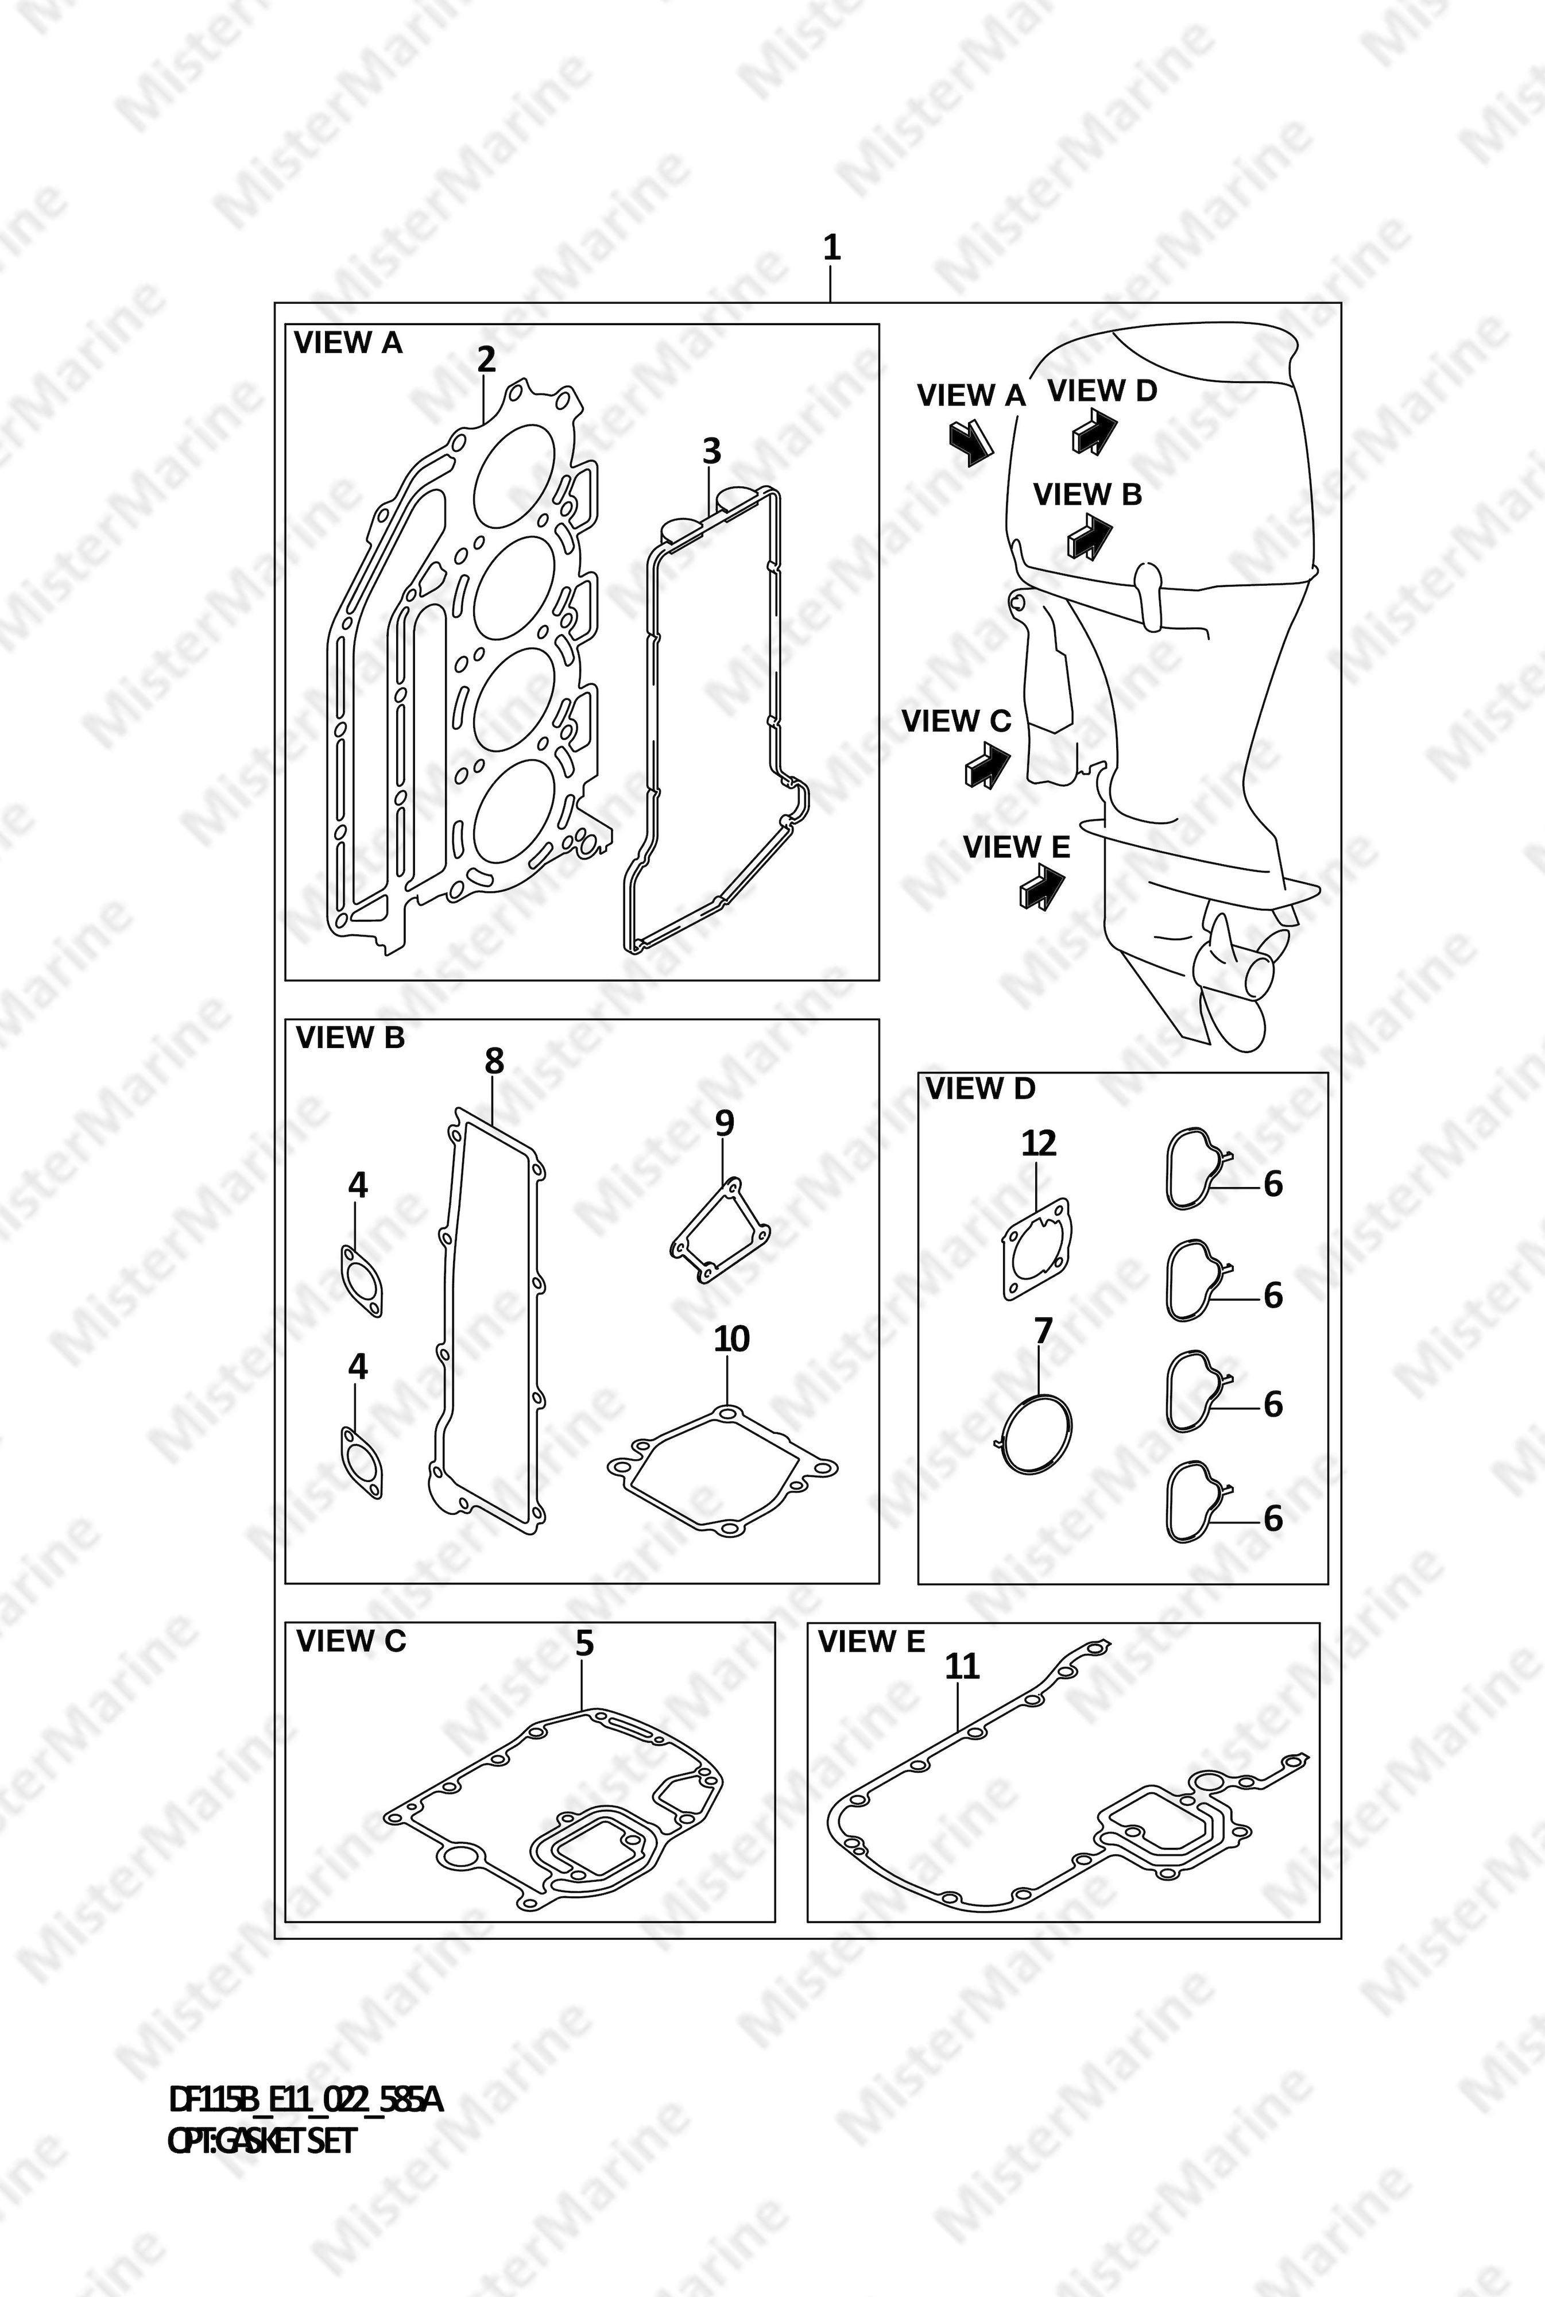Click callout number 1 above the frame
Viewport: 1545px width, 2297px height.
(831, 248)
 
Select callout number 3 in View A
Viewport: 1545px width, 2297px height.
(711, 451)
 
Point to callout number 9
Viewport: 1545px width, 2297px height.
(725, 1123)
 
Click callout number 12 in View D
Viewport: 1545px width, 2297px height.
(1039, 1143)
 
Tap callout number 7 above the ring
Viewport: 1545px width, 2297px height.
(1043, 1331)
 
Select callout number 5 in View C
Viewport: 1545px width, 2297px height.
(584, 1643)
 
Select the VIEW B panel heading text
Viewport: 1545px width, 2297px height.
(350, 1038)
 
